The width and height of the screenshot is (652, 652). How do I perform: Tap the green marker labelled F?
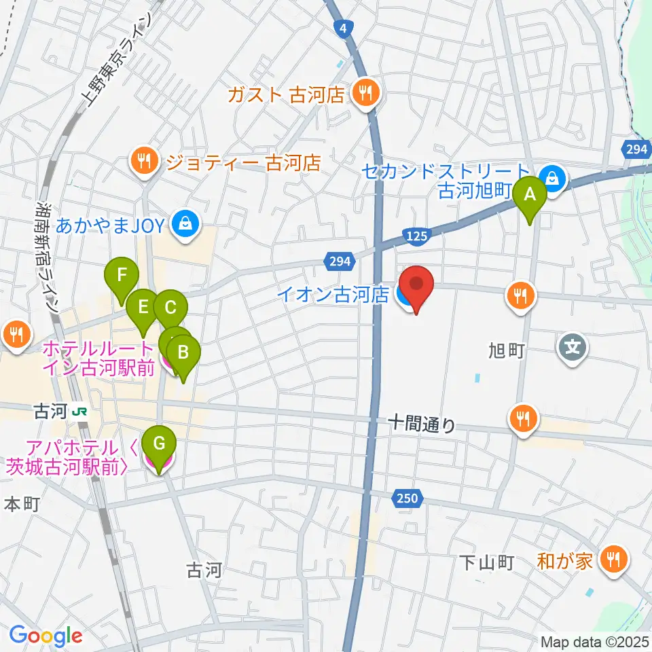tap(122, 276)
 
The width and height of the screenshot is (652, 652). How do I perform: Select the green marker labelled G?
tap(159, 445)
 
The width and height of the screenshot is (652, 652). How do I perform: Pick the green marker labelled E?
tap(143, 307)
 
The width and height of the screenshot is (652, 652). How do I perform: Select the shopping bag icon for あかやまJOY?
tap(183, 222)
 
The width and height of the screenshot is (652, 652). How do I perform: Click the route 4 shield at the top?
tap(344, 28)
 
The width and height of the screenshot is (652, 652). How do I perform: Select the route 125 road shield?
tap(417, 236)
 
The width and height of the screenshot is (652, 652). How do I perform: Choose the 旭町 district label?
tap(506, 350)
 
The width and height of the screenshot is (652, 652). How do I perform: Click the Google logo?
tap(46, 636)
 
